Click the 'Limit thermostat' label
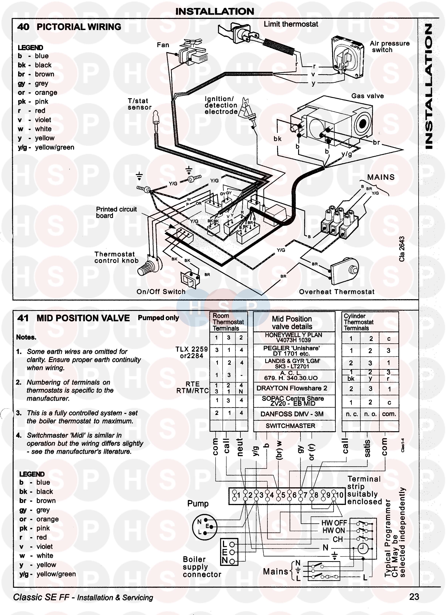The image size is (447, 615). [x=291, y=24]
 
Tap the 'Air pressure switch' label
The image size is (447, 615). [x=390, y=47]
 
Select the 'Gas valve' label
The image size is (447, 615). [x=367, y=96]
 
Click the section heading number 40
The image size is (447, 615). [x=23, y=27]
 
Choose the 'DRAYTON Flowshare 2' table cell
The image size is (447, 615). [x=292, y=388]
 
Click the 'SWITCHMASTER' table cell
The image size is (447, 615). [x=290, y=426]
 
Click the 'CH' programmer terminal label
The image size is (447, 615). [x=338, y=539]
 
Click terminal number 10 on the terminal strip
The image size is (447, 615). [x=340, y=495]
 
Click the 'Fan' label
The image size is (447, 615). [x=163, y=45]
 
